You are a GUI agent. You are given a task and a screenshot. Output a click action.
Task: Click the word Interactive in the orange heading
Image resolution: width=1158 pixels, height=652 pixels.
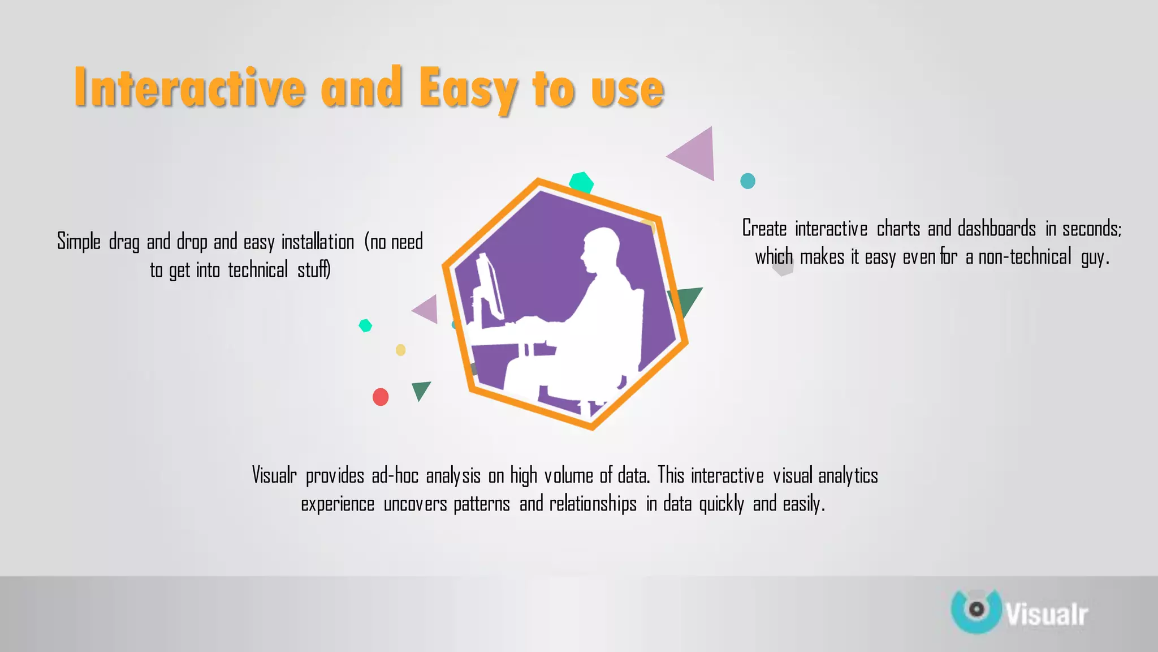coord(189,88)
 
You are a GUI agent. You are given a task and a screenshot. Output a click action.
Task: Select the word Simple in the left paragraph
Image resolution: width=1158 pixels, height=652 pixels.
coord(79,242)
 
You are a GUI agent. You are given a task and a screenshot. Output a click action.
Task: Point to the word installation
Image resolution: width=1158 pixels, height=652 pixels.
coord(318,242)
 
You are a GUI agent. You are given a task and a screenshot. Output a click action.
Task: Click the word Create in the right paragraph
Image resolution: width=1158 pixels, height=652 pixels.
coord(764,229)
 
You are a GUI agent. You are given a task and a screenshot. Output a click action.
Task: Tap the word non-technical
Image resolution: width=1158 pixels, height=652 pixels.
coord(1025,258)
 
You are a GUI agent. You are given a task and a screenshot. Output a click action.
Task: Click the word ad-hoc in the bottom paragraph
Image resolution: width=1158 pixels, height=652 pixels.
coord(395,475)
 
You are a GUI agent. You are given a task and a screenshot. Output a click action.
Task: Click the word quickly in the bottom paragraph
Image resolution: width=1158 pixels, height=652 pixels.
coord(721,504)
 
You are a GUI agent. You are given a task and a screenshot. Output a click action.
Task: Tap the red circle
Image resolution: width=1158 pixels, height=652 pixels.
coord(381,397)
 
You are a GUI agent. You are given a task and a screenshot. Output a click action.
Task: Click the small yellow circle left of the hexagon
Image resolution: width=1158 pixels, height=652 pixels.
coord(401,350)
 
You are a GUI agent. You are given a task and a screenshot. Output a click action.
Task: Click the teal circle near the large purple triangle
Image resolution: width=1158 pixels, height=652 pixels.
coord(747,181)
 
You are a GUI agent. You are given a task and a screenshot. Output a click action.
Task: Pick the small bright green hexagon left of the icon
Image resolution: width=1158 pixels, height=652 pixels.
coord(365,325)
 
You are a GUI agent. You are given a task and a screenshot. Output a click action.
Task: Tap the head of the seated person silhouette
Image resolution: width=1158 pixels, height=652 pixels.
coord(601,250)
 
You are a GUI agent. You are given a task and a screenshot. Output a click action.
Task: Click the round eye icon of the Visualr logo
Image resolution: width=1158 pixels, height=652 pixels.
coord(976,610)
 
